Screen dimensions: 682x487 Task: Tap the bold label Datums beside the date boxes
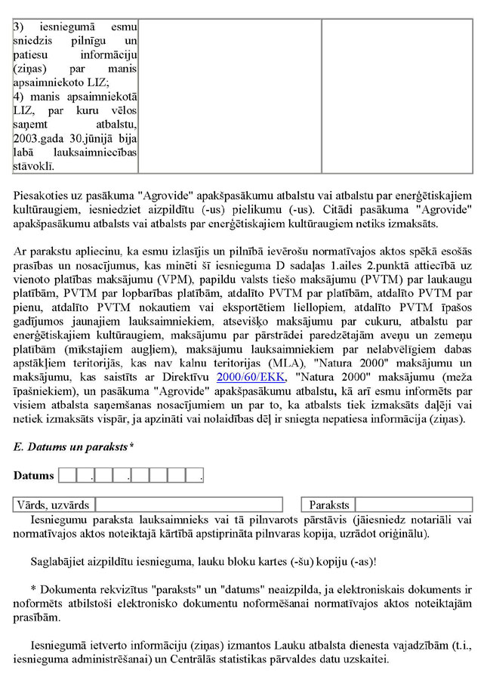(x=34, y=476)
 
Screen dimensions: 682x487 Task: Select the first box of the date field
(x=67, y=476)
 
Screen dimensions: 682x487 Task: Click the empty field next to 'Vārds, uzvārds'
(x=189, y=505)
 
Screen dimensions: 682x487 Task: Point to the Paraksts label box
(x=329, y=505)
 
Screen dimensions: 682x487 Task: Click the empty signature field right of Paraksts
(x=414, y=505)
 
